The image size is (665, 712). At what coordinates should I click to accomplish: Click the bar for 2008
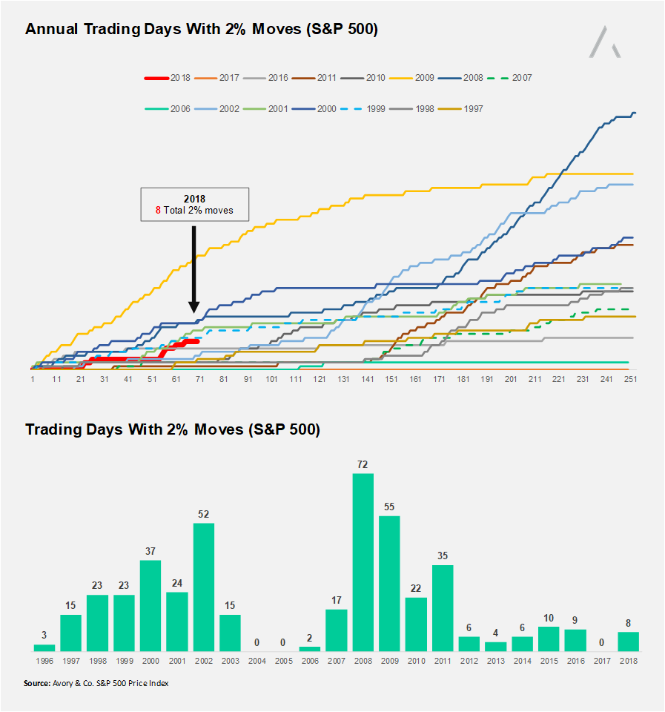point(363,562)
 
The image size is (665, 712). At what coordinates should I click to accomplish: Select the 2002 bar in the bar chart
point(204,587)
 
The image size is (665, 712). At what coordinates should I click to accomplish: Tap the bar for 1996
point(44,647)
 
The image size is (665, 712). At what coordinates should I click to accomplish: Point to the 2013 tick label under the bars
point(495,660)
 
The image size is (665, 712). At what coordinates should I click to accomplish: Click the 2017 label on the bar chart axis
point(601,660)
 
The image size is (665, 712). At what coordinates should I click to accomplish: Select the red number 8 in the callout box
point(158,211)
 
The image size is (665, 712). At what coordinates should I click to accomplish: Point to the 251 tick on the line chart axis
point(631,378)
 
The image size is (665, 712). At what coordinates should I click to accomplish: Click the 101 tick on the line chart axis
point(271,378)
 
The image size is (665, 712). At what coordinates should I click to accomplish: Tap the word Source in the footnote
point(37,683)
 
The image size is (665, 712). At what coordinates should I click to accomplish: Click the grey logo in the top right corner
point(605,42)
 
